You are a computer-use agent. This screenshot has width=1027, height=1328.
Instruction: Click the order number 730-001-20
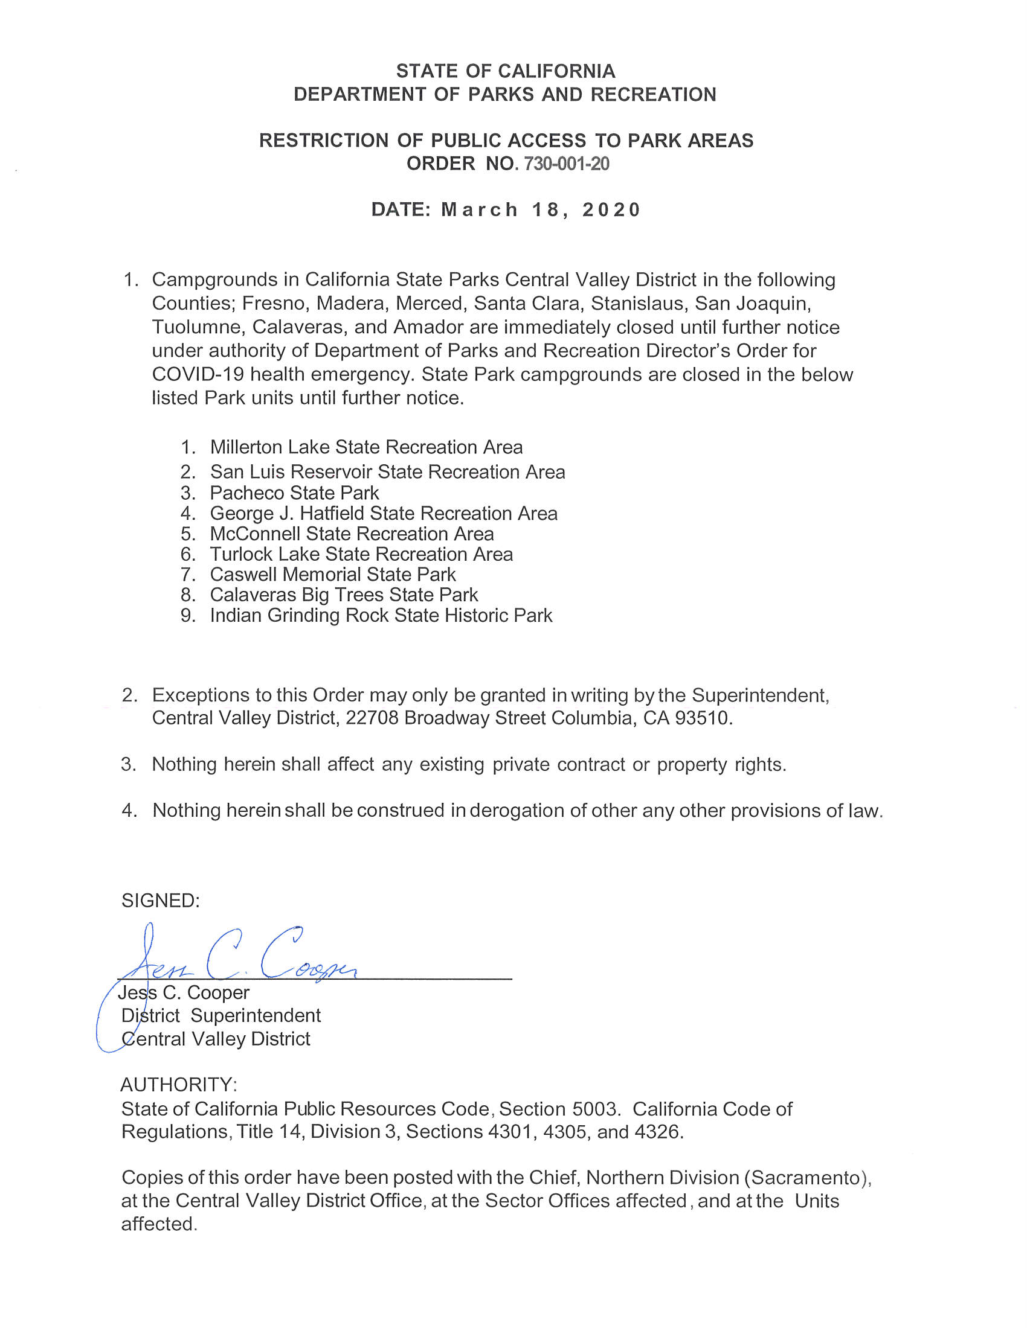click(x=562, y=164)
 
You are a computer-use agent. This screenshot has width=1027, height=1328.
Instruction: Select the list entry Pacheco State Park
click(x=294, y=493)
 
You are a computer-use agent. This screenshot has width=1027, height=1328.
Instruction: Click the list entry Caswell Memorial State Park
click(x=332, y=574)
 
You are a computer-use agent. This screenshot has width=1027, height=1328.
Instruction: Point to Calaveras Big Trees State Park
click(x=344, y=595)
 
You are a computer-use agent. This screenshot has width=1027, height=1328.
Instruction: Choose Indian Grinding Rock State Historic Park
click(x=381, y=615)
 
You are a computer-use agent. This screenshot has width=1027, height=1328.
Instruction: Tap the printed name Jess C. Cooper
click(x=184, y=992)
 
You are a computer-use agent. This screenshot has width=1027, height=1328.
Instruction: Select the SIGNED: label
click(x=161, y=901)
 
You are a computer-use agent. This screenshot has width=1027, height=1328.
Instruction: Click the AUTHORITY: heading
click(x=179, y=1084)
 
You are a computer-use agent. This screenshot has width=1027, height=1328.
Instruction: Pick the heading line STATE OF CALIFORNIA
click(x=506, y=71)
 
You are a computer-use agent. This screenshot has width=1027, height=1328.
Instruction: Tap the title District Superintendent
click(x=221, y=1015)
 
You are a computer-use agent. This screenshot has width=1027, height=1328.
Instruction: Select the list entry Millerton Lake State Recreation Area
click(x=366, y=447)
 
